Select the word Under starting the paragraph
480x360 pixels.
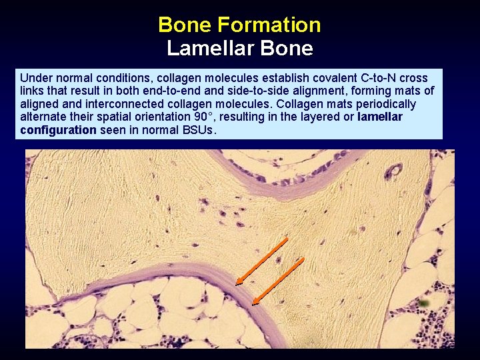pos(35,77)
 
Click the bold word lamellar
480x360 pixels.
pos(380,117)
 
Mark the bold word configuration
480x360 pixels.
pos(58,130)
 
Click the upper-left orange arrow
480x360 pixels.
pos(261,261)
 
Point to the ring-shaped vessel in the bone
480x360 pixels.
pos(394,173)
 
